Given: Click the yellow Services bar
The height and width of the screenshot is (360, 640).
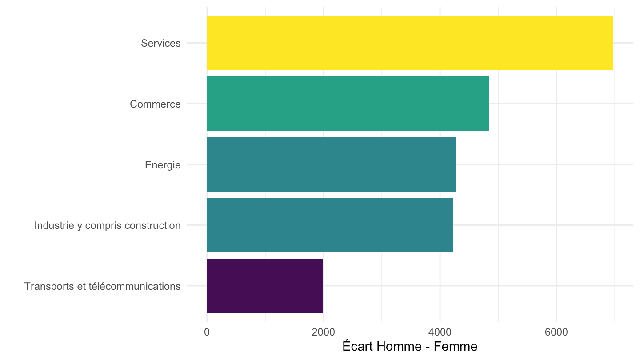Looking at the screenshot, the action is pyautogui.click(x=410, y=43).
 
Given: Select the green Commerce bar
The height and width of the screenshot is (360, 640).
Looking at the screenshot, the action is pyautogui.click(x=348, y=104).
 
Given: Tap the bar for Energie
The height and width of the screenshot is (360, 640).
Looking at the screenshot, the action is pyautogui.click(x=331, y=164).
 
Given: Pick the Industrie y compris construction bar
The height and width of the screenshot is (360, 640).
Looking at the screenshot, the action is pyautogui.click(x=330, y=225).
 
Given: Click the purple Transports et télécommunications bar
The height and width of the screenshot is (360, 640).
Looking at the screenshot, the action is pyautogui.click(x=265, y=286).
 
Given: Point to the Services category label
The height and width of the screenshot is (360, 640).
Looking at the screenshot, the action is pyautogui.click(x=160, y=43).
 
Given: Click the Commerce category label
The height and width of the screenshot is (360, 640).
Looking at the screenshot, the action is pyautogui.click(x=155, y=104).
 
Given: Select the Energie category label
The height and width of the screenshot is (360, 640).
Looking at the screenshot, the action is pyautogui.click(x=163, y=165).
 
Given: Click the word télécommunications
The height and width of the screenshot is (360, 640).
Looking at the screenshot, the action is pyautogui.click(x=135, y=286).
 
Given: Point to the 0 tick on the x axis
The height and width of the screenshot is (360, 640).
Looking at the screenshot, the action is pyautogui.click(x=207, y=332).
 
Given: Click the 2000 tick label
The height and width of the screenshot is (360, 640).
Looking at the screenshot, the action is pyautogui.click(x=323, y=332).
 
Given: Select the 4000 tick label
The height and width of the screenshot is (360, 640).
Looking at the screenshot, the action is pyautogui.click(x=440, y=332).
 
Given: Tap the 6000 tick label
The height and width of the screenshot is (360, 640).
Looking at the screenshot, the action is pyautogui.click(x=556, y=332).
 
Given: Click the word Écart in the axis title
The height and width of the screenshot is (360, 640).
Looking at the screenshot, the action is pyautogui.click(x=358, y=346).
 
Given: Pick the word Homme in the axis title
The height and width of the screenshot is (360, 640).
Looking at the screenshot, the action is pyautogui.click(x=399, y=346).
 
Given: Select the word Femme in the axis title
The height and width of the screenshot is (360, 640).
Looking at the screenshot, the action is pyautogui.click(x=456, y=346).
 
